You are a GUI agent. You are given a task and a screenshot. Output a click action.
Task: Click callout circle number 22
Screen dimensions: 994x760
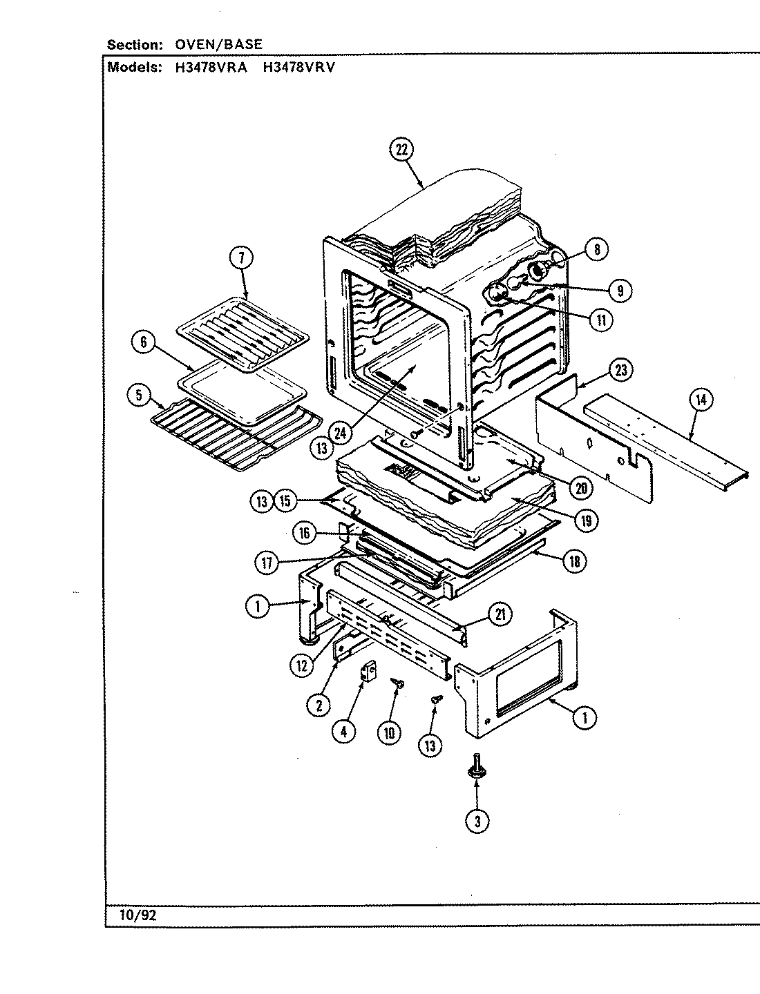coord(401,150)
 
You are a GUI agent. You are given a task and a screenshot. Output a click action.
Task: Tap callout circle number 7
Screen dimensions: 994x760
coord(240,259)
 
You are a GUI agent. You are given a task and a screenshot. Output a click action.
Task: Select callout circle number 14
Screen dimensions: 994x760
coord(701,400)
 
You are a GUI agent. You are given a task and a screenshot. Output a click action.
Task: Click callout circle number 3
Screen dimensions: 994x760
coord(476,821)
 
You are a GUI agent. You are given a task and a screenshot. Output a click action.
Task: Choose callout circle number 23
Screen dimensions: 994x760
coord(620,371)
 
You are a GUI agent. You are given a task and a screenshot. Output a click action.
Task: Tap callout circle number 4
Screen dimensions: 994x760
coord(343,732)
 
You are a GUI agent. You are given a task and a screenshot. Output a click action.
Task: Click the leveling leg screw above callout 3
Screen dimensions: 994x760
coord(475,766)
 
